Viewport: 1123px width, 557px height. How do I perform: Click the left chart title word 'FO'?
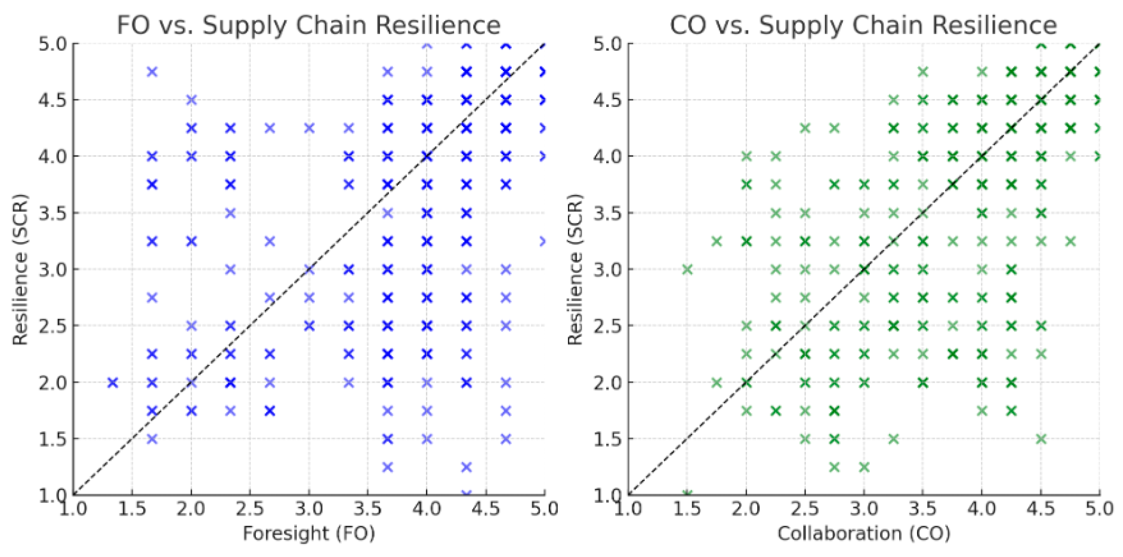click(133, 25)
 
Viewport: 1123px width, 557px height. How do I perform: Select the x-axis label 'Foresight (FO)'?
click(309, 534)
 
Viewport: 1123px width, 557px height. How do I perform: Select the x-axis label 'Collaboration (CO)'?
click(864, 534)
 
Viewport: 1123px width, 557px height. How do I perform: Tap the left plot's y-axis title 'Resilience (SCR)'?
click(20, 270)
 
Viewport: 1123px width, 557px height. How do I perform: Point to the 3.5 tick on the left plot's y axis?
click(52, 213)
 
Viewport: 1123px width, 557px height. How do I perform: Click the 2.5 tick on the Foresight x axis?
click(250, 509)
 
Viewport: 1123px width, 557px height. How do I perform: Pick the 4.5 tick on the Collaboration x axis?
click(1041, 509)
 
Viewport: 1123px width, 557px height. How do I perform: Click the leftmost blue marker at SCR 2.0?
click(113, 383)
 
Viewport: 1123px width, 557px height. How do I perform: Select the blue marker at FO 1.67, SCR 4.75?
click(152, 72)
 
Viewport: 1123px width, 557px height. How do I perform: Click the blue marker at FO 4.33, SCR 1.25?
click(466, 467)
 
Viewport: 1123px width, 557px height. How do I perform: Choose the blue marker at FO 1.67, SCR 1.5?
click(152, 439)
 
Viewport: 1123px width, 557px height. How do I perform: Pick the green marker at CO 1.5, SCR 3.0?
click(687, 270)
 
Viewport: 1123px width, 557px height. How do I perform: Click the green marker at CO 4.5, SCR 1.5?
click(1041, 439)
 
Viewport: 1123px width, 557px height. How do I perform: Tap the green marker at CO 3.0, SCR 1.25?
click(864, 467)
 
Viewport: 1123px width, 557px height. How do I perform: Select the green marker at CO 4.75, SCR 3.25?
click(1071, 241)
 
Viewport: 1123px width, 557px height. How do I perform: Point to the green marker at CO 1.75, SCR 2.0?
click(717, 383)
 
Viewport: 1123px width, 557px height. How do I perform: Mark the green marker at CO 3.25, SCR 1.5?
click(894, 439)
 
